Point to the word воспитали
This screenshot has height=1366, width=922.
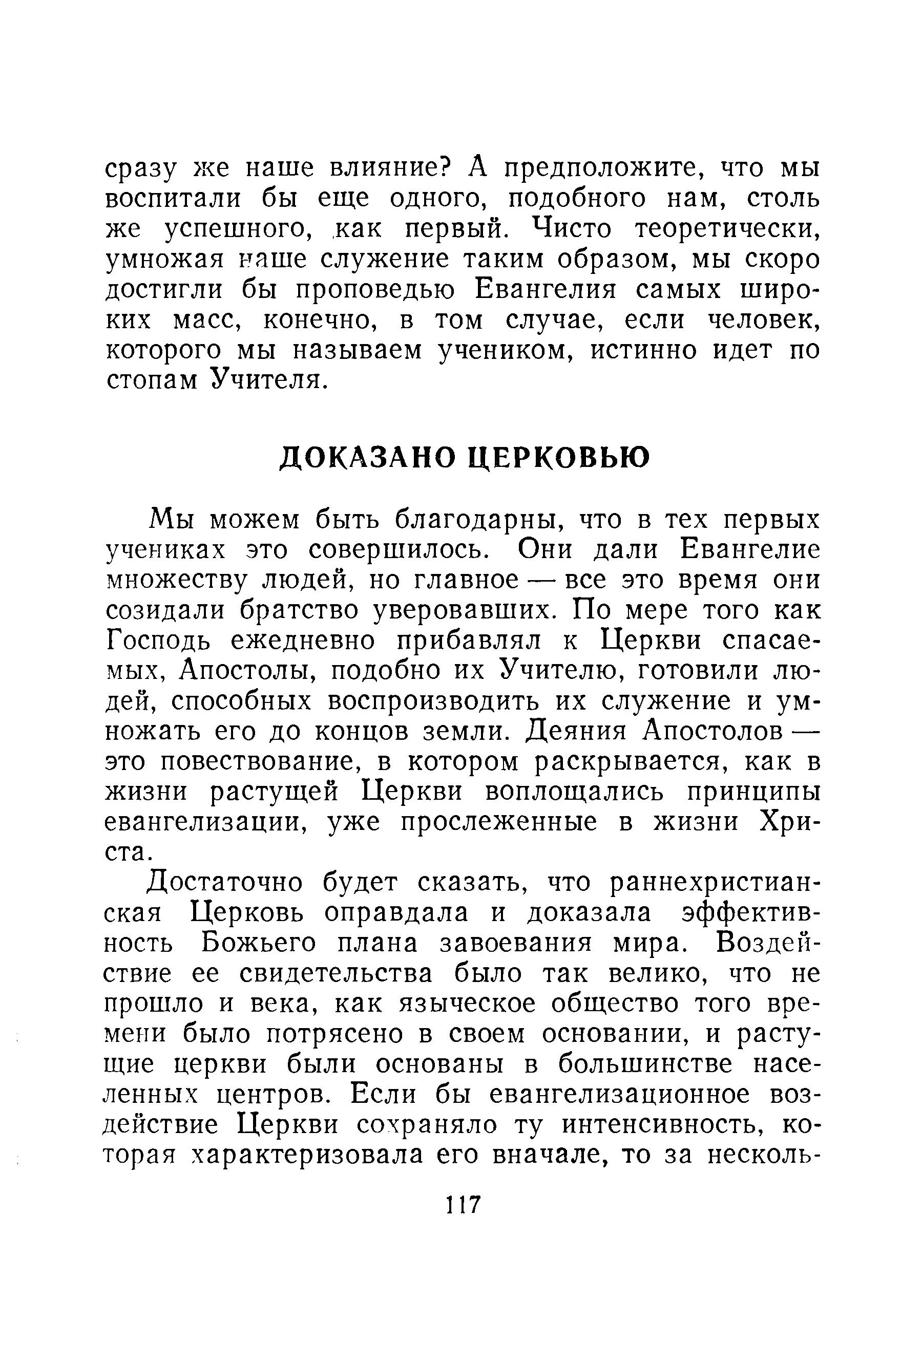[x=173, y=200]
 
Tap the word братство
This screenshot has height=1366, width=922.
[x=299, y=611]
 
